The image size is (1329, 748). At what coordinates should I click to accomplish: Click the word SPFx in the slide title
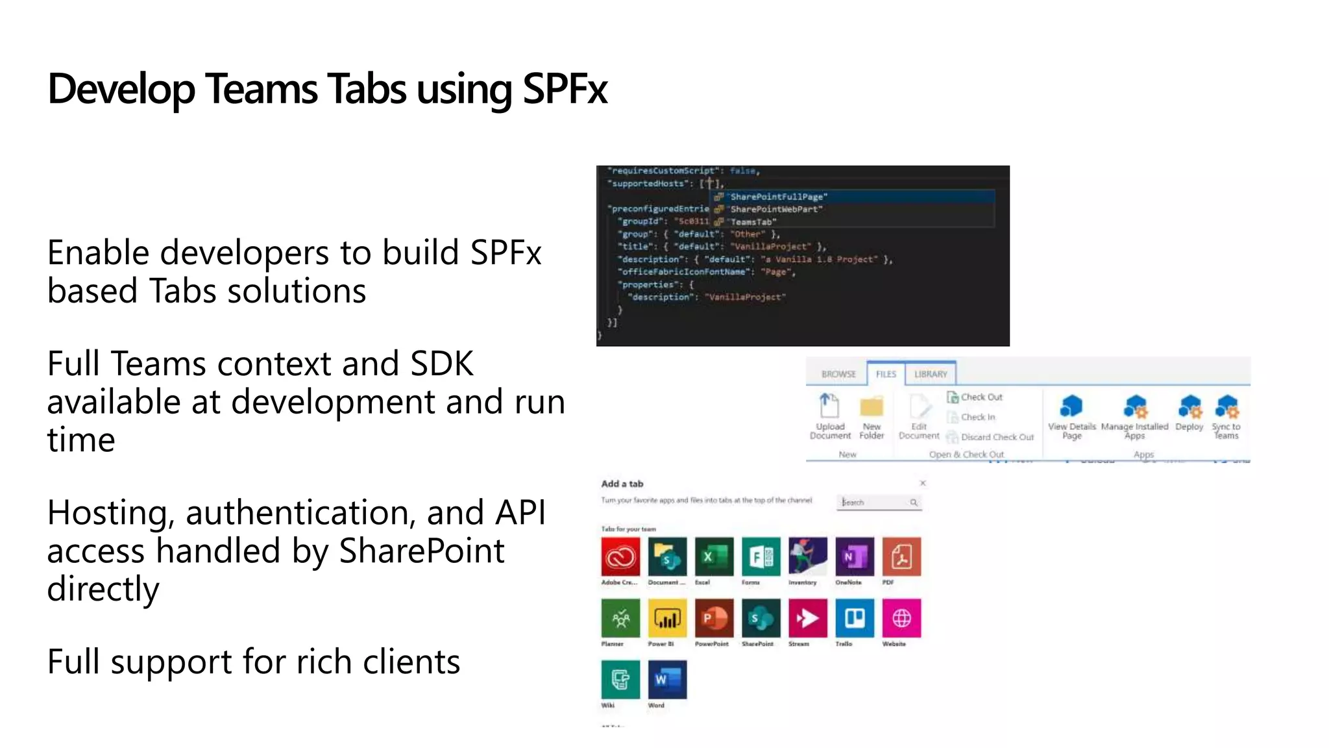(565, 89)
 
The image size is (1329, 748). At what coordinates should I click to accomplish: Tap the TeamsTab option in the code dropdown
(753, 222)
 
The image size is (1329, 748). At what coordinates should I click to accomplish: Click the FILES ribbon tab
(886, 374)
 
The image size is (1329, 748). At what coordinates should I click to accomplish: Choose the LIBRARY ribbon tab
(931, 374)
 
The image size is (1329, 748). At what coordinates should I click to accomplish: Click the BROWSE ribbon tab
(838, 374)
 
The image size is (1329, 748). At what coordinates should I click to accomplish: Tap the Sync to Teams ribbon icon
(1226, 407)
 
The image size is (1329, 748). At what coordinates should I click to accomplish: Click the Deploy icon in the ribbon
(1189, 407)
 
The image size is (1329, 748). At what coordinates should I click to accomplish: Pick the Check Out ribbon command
(981, 397)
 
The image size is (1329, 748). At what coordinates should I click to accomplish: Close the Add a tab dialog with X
(923, 483)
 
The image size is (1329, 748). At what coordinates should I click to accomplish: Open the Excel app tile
(714, 556)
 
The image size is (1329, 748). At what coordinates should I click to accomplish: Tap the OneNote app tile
(855, 556)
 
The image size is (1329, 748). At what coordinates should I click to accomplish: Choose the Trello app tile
(855, 618)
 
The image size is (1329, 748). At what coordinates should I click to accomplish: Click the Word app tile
(667, 679)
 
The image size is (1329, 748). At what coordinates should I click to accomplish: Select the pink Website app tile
(901, 618)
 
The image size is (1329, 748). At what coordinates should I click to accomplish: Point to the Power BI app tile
(667, 618)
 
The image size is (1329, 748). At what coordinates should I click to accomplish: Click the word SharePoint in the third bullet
(422, 551)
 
